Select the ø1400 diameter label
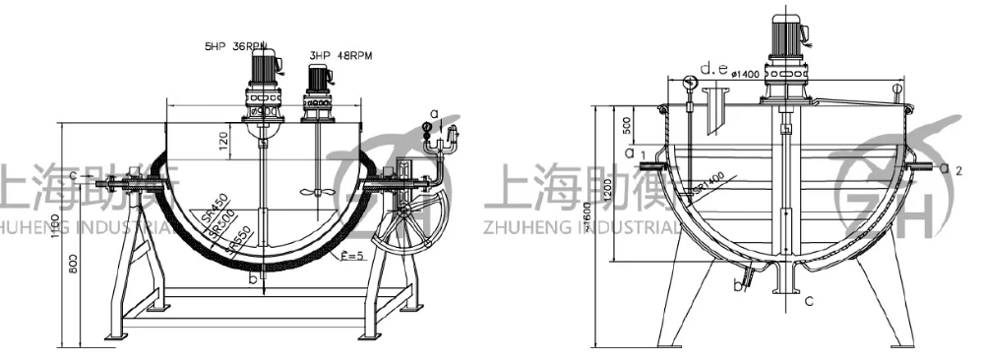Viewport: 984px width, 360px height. [x=745, y=75]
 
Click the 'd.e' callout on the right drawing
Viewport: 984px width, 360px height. [x=712, y=69]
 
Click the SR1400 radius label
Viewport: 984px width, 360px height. [x=707, y=183]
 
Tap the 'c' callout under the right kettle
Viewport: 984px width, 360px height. [x=808, y=302]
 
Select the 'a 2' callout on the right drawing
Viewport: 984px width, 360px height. [x=950, y=169]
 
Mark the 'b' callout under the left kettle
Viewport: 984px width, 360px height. [x=252, y=278]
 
